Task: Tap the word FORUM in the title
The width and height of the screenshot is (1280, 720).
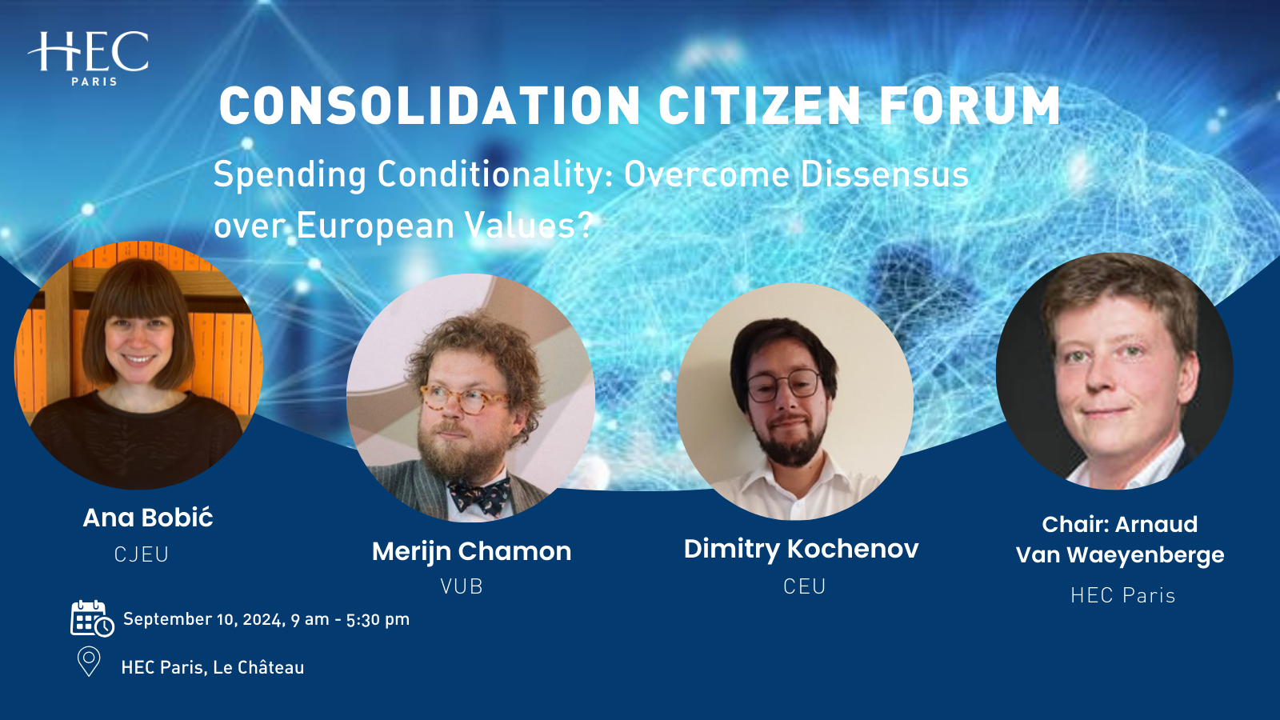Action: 970,106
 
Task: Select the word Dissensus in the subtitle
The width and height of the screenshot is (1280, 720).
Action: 885,174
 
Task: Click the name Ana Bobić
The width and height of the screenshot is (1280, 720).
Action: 148,518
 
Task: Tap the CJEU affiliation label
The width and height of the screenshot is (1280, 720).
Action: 142,554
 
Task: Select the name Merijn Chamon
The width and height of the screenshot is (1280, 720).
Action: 471,551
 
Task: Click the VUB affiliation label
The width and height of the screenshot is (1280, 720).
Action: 462,586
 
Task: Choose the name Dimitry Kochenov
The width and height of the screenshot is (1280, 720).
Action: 801,549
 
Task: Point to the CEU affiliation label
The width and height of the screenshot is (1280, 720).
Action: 804,586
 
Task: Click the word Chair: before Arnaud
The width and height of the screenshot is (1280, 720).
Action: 1074,525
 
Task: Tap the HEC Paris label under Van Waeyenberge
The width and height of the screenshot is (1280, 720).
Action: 1122,595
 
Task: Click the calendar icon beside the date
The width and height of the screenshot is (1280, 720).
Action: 91,618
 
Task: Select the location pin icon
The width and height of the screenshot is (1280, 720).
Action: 89,662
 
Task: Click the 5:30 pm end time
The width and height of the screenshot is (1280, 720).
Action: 378,619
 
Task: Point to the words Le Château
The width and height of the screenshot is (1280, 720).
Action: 258,667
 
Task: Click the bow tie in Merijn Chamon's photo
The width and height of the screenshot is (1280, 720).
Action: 479,494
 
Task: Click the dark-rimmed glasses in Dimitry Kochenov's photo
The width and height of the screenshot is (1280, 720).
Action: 783,386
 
